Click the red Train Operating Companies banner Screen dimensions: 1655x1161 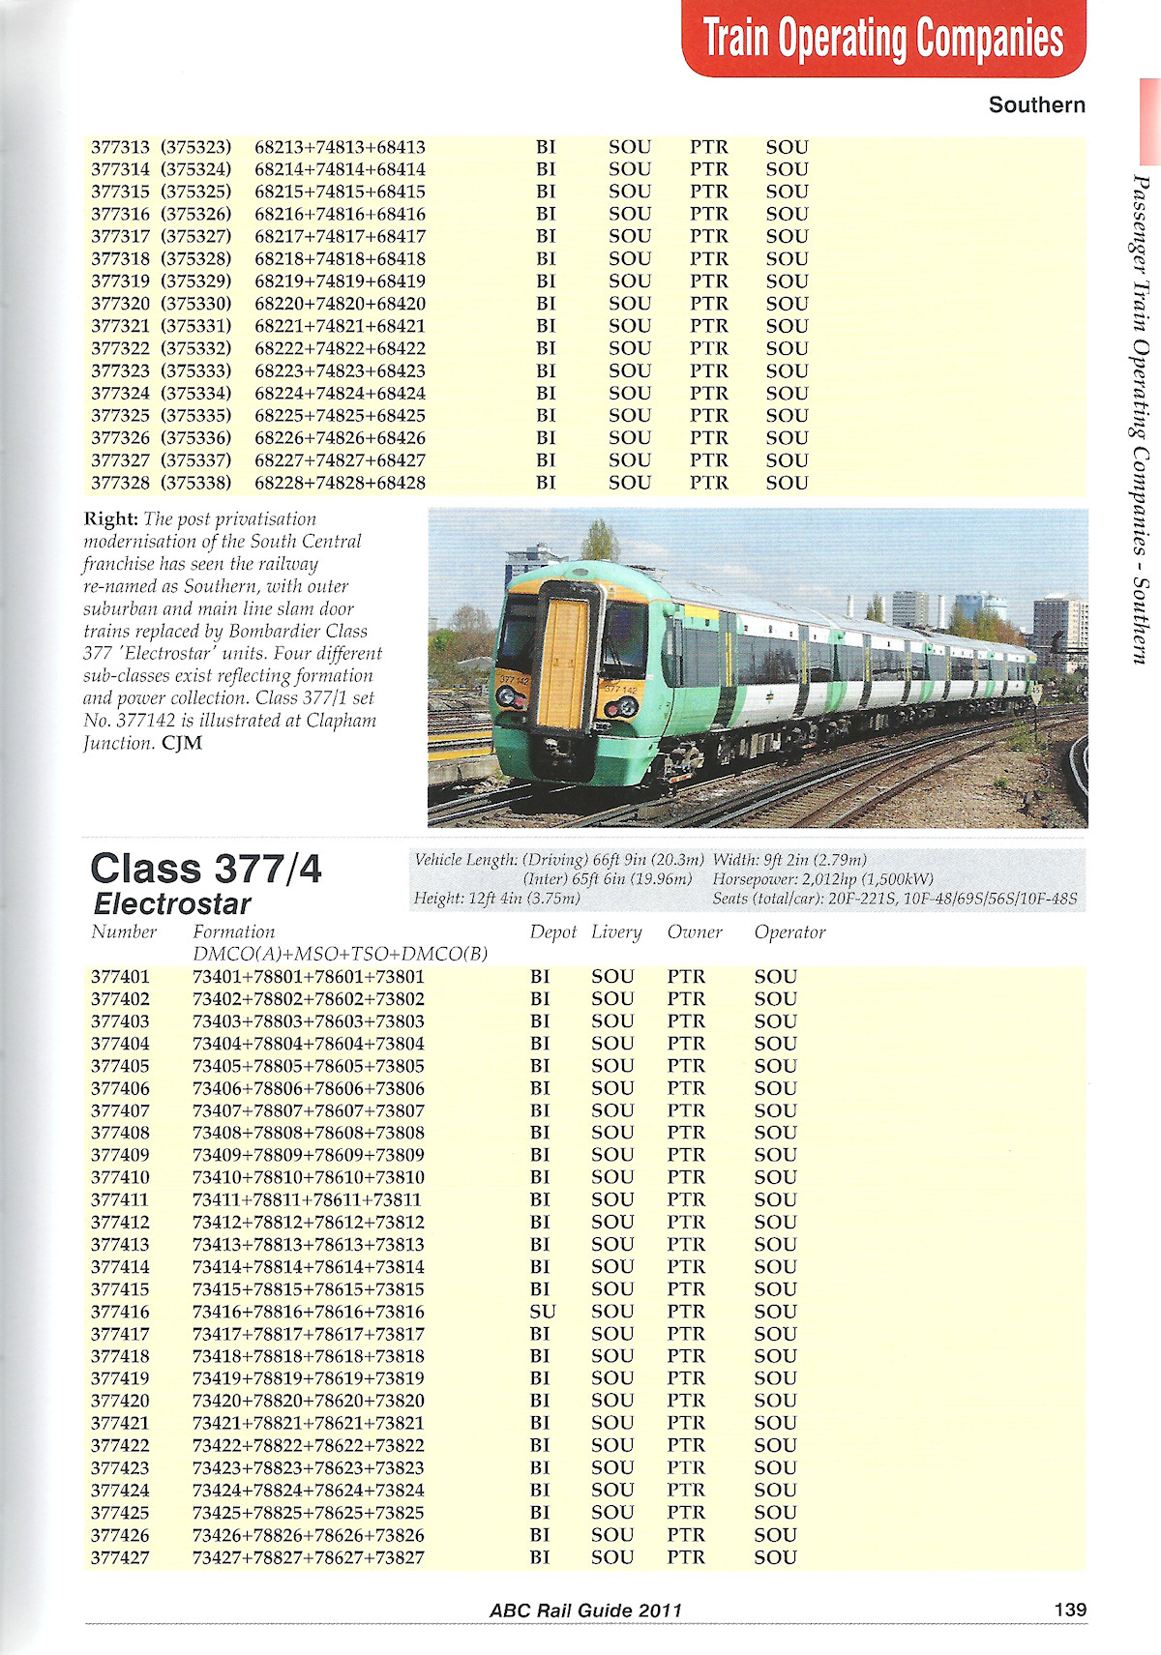(x=883, y=39)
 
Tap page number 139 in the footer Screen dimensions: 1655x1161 (x=1070, y=1610)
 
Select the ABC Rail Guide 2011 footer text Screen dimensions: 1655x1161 (x=585, y=1611)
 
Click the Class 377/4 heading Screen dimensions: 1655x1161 (x=205, y=869)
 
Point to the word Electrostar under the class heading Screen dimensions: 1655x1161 (x=172, y=904)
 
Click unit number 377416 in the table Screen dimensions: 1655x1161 (x=120, y=1312)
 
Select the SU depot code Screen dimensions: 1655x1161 (x=542, y=1312)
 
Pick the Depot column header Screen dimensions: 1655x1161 (x=552, y=932)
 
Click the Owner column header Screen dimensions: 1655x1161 (x=695, y=932)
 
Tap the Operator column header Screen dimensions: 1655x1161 (x=789, y=932)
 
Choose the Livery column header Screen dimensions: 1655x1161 (x=616, y=932)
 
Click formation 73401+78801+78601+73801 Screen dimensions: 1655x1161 (x=309, y=977)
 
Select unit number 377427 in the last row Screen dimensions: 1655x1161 (x=120, y=1557)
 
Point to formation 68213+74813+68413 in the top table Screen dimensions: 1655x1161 (x=340, y=147)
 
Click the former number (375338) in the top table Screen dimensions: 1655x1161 (x=195, y=483)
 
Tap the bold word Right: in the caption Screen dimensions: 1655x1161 (x=111, y=519)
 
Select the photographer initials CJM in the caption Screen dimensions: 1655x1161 (x=182, y=743)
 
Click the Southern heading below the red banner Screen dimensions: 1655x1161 (x=1036, y=104)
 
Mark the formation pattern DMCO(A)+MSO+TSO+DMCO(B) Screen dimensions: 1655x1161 (x=340, y=955)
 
